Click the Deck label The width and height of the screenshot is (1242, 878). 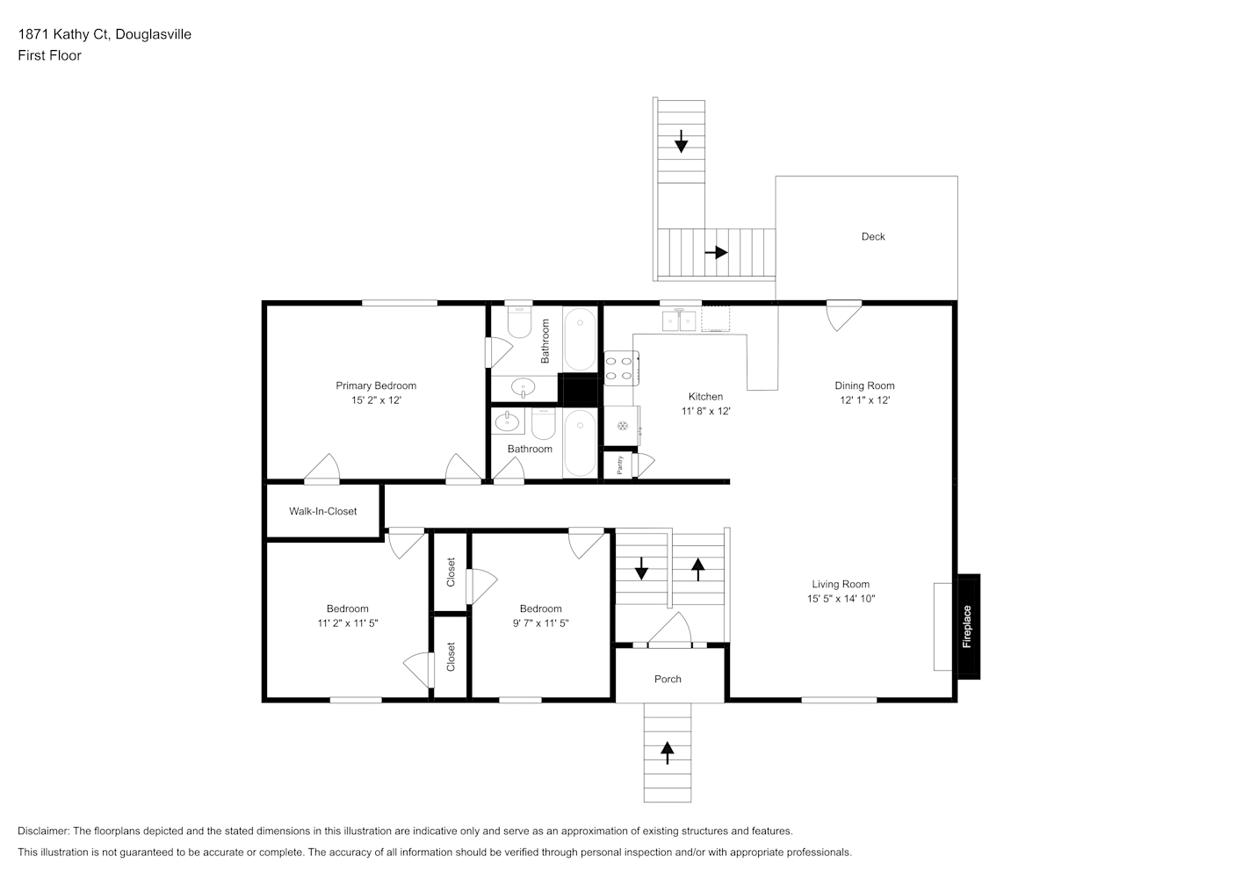(873, 237)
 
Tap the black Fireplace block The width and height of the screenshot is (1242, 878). (969, 626)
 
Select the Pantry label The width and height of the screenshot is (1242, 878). (619, 465)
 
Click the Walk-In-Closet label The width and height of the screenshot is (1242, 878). (322, 511)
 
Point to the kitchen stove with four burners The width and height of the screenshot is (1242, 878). (621, 369)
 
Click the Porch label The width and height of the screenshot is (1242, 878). (668, 679)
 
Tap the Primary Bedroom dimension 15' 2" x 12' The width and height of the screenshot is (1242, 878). (376, 400)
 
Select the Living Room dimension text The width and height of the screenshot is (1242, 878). (841, 599)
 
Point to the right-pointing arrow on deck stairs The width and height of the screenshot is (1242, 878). (716, 253)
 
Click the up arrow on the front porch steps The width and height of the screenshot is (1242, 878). (667, 753)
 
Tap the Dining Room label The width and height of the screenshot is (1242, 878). (864, 385)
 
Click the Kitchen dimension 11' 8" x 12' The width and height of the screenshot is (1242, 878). (706, 411)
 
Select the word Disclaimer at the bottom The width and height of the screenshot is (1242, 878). (43, 831)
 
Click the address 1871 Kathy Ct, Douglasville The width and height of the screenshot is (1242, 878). (105, 34)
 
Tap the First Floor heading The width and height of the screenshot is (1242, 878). (49, 55)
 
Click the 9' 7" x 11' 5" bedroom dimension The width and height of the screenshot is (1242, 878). (540, 623)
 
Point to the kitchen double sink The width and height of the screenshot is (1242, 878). (679, 321)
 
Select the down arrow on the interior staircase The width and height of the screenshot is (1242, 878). (641, 569)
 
